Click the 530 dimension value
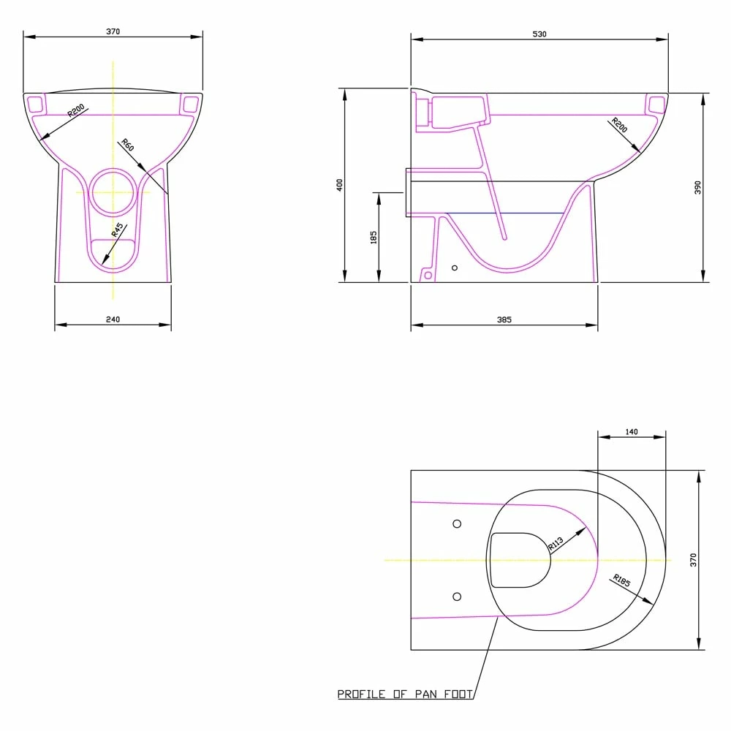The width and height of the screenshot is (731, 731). click(x=539, y=34)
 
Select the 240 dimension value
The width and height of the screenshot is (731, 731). click(x=113, y=319)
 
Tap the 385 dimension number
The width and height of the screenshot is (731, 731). click(x=504, y=320)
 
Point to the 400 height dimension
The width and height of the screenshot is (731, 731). click(x=339, y=185)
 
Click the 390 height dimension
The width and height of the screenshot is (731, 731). click(x=697, y=187)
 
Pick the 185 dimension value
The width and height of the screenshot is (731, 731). click(x=374, y=238)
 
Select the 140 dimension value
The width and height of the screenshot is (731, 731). click(x=632, y=432)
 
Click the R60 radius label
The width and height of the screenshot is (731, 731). click(x=127, y=145)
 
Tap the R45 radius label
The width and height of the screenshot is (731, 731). click(x=118, y=230)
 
